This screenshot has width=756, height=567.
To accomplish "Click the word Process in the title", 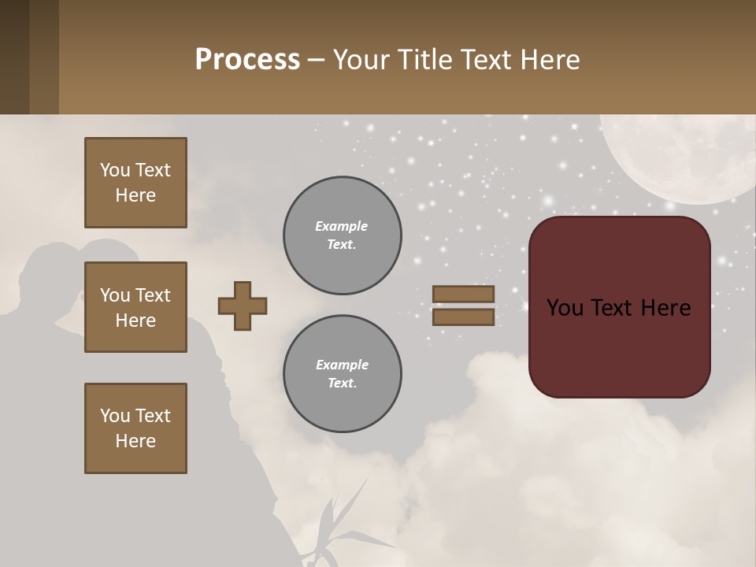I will tap(247, 60).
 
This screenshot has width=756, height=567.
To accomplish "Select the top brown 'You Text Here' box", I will tap(135, 183).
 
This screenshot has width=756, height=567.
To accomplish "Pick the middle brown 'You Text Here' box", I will tap(135, 307).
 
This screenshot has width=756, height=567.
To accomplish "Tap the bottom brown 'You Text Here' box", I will tap(135, 428).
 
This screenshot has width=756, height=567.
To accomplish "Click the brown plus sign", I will tap(243, 306).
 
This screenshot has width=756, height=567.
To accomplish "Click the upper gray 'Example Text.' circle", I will tap(342, 235).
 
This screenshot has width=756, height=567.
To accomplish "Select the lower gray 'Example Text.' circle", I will tap(342, 374).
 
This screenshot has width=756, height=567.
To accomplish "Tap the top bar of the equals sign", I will tap(463, 295).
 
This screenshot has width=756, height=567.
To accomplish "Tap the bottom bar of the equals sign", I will tap(463, 317).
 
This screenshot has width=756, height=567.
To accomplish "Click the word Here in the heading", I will tap(549, 60).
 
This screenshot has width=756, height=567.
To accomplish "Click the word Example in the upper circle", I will tap(342, 227).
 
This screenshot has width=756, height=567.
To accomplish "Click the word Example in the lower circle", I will tap(342, 365).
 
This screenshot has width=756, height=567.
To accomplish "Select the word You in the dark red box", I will tap(565, 308).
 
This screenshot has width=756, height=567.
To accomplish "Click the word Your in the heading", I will tap(363, 60).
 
